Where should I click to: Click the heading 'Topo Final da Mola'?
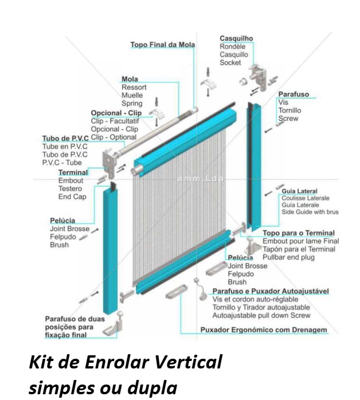(163, 44)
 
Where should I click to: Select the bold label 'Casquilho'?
(236, 39)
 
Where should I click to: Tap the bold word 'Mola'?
(130, 79)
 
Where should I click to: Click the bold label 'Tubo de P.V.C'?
(65, 139)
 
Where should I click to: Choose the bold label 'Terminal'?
(73, 172)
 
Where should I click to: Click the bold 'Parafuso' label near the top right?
(294, 94)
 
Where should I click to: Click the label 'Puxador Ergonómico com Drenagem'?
(263, 330)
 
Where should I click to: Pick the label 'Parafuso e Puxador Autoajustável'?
(271, 291)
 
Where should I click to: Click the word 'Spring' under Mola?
(132, 103)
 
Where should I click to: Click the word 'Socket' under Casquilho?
(231, 63)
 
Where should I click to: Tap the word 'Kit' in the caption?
(39, 363)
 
